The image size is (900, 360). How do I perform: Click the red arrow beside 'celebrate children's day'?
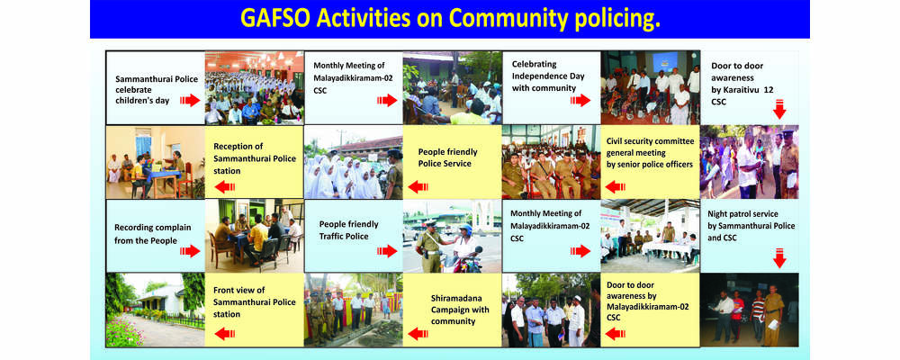(x=190, y=101)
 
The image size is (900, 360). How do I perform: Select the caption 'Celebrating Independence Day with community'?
(x=539, y=76)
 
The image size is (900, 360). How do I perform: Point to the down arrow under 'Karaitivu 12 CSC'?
(x=778, y=109)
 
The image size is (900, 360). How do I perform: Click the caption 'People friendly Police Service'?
(x=447, y=157)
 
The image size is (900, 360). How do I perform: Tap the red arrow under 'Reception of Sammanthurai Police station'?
(x=224, y=186)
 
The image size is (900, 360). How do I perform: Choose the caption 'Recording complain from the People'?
(x=153, y=234)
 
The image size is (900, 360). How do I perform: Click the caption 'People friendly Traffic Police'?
(x=349, y=230)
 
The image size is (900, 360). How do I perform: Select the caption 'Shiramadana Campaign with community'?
(x=454, y=310)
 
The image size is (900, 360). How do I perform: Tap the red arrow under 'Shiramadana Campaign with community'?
(x=418, y=334)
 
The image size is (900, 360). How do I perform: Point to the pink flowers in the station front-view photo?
(x=122, y=334)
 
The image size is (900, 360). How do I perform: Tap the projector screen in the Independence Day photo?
(x=665, y=62)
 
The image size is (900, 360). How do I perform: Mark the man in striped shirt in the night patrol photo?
(x=758, y=314)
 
